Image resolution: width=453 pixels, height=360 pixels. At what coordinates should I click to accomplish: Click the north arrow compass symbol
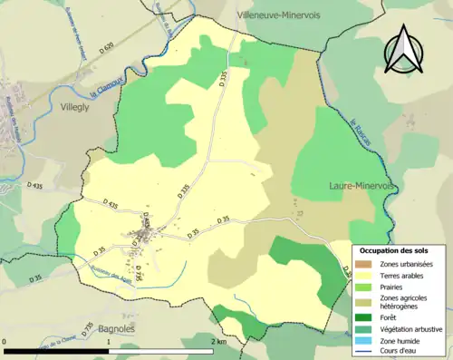click(403, 49)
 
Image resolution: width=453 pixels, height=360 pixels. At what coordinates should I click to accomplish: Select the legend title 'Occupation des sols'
click(399, 248)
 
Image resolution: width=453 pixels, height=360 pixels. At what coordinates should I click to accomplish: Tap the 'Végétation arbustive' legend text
click(413, 329)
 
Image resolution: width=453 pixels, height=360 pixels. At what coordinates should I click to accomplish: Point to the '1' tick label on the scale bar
click(109, 342)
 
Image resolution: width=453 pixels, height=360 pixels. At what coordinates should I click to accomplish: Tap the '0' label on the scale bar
click(5, 342)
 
